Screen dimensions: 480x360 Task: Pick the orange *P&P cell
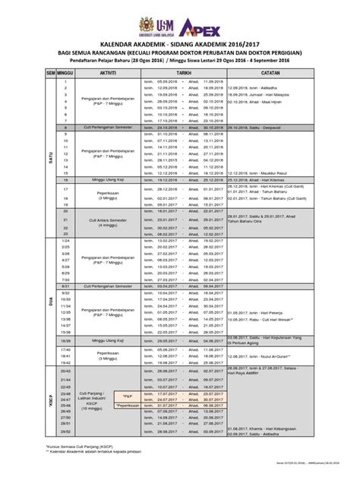click(127, 396)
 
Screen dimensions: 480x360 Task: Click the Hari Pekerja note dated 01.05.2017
click(256, 312)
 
